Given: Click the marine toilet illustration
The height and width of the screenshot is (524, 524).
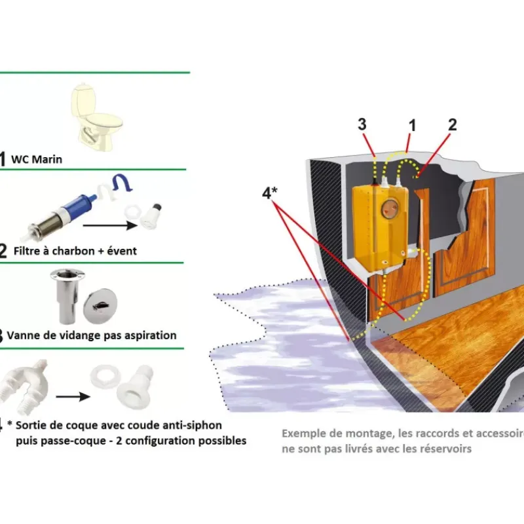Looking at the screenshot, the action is click(x=96, y=117).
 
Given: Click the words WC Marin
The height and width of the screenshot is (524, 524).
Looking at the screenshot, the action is click(x=37, y=159).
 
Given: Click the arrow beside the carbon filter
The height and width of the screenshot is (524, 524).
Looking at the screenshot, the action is click(x=110, y=225).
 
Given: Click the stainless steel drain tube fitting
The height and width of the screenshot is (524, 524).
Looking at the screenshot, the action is click(x=65, y=296).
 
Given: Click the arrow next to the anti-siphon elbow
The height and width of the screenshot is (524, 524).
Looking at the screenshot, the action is click(x=73, y=397).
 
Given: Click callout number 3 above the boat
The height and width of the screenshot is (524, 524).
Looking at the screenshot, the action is click(x=362, y=124).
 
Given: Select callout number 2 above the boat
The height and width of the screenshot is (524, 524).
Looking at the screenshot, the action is click(x=452, y=124).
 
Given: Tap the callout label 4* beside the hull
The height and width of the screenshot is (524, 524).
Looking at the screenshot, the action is click(x=270, y=193).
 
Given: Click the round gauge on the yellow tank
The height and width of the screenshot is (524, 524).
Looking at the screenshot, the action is click(x=390, y=209).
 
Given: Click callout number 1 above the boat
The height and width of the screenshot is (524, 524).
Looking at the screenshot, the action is click(x=413, y=126).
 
